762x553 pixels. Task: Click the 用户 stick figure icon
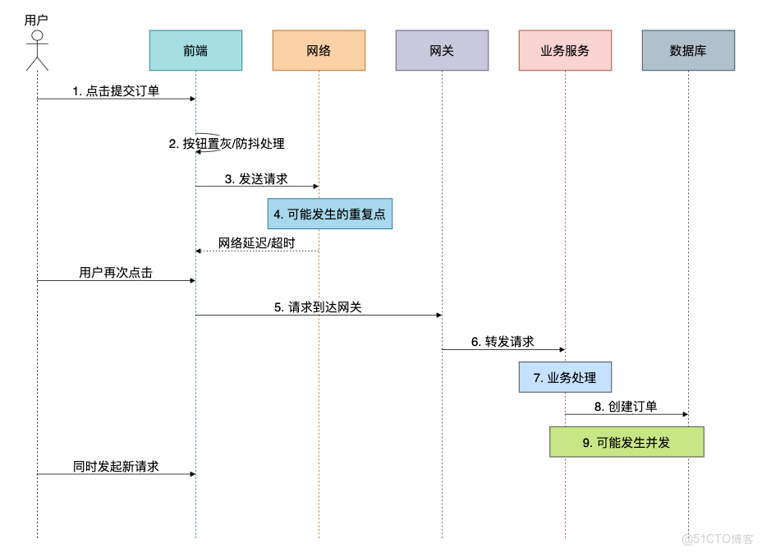(37, 50)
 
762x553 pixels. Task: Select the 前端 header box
(195, 50)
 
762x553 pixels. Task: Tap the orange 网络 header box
(319, 50)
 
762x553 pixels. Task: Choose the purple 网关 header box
(442, 50)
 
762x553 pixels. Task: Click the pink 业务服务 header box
(565, 50)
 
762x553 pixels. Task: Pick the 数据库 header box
(688, 50)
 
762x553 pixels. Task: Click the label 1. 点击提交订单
(116, 91)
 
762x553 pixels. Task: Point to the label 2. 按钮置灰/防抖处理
(227, 144)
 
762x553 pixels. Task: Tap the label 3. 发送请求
(256, 178)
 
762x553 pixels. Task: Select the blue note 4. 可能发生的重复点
(329, 214)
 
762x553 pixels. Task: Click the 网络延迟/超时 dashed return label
(256, 243)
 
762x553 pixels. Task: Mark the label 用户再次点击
(116, 273)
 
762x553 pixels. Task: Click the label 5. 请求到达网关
(318, 307)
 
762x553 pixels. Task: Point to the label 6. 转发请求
(503, 342)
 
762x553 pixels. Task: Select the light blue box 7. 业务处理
(565, 377)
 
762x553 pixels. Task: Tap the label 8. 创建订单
(626, 407)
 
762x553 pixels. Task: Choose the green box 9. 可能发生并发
(627, 442)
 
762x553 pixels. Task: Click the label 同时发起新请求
(116, 466)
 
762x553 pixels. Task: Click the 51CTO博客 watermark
(717, 539)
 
